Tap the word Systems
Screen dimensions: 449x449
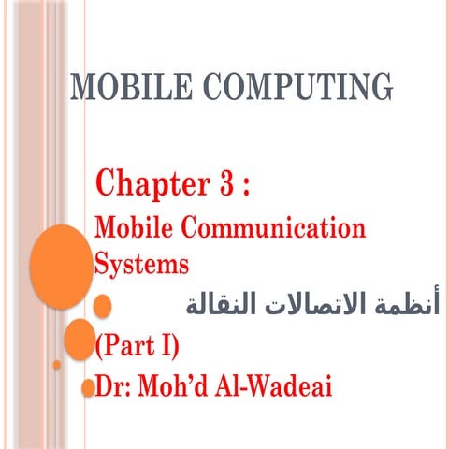click(x=142, y=263)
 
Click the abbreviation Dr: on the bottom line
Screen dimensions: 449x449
click(x=115, y=386)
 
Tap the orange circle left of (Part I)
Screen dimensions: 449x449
click(x=79, y=339)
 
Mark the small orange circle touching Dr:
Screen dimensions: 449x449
click(x=88, y=384)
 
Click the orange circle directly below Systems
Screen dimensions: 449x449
click(x=102, y=305)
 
